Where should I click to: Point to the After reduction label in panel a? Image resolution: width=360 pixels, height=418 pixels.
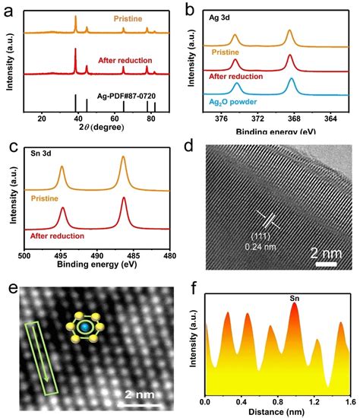pyautogui.click(x=125, y=59)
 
